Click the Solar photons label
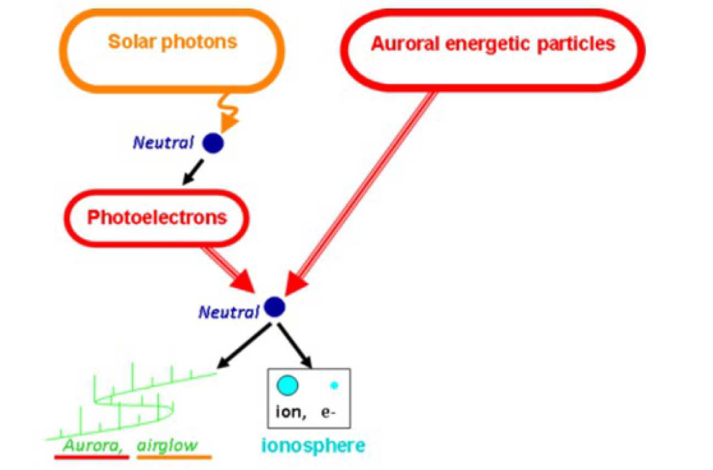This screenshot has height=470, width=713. (172, 42)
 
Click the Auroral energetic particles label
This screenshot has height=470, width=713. (493, 44)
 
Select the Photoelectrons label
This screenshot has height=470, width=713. (157, 217)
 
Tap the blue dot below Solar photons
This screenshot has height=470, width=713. (213, 143)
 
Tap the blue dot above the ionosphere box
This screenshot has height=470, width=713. (274, 307)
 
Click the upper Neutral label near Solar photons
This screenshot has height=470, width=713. (163, 143)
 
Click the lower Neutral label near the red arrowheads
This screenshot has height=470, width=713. (229, 313)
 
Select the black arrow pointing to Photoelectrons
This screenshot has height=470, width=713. (192, 172)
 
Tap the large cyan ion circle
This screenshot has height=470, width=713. (287, 385)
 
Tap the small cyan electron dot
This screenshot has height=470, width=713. (333, 385)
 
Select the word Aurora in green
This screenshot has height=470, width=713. (93, 445)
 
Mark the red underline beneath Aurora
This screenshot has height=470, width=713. (91, 457)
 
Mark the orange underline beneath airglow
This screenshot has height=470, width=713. (174, 457)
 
